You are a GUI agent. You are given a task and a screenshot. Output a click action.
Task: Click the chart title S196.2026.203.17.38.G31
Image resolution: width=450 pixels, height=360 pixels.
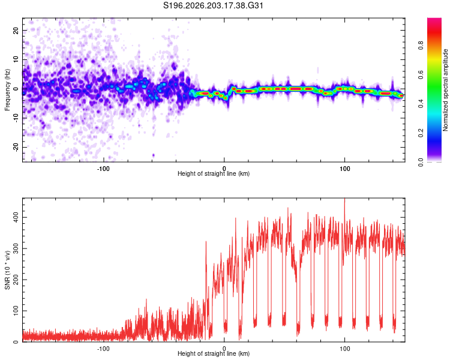[213, 5]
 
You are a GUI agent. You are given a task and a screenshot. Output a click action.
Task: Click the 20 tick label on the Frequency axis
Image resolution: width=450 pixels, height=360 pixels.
[16, 30]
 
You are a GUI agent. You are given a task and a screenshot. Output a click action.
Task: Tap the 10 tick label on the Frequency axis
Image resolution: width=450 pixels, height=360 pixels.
[16, 59]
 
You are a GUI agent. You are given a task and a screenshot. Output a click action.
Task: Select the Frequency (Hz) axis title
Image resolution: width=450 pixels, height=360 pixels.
[7, 89]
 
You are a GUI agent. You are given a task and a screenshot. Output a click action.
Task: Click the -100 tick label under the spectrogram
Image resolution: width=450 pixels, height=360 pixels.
[103, 169]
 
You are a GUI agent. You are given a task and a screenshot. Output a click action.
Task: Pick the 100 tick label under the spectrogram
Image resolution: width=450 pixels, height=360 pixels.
[344, 169]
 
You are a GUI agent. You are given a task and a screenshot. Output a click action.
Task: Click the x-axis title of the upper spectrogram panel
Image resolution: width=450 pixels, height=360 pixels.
[214, 173]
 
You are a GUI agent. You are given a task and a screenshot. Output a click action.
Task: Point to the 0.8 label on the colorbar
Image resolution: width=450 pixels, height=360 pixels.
[421, 46]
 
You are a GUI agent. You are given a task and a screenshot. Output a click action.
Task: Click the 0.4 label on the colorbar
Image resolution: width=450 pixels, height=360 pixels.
[421, 104]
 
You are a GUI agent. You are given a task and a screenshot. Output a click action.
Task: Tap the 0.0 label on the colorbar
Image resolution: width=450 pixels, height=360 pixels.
[421, 162]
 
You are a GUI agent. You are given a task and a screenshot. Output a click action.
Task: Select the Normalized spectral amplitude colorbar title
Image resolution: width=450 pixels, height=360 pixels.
[445, 90]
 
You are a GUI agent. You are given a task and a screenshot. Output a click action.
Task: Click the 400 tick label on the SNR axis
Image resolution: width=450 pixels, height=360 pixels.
[16, 217]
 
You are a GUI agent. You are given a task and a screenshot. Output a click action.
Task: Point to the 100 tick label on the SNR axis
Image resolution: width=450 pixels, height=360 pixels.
[16, 311]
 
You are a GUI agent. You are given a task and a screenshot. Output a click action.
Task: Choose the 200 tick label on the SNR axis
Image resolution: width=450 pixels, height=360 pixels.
[16, 280]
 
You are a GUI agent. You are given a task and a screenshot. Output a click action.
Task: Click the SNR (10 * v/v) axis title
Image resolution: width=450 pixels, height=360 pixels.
[7, 270]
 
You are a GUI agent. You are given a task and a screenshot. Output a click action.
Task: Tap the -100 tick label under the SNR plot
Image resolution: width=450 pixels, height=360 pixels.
[103, 349]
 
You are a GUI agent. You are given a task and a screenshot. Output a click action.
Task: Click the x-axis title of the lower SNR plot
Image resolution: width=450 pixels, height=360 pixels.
[214, 353]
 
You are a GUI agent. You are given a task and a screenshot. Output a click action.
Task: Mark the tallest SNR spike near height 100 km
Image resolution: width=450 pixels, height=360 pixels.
[344, 199]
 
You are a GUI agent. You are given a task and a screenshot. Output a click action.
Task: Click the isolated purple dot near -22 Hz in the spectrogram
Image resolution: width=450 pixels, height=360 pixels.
[153, 155]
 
